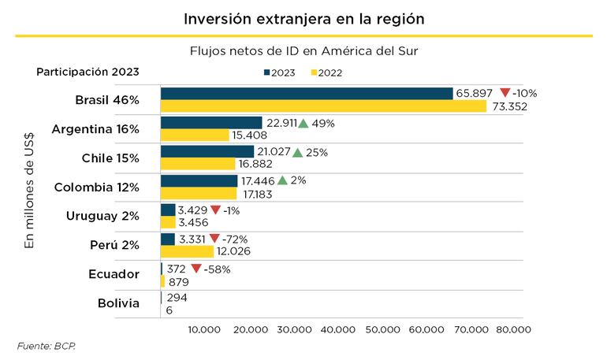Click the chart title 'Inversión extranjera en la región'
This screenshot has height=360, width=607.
(x=303, y=17)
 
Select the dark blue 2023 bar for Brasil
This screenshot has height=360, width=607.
(x=307, y=93)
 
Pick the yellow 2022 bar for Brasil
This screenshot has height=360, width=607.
(x=323, y=106)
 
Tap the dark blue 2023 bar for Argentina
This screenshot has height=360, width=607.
(x=211, y=123)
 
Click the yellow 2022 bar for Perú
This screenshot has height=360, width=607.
(x=187, y=251)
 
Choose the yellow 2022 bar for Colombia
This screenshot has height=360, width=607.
(x=199, y=193)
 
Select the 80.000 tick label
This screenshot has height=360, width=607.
(x=512, y=329)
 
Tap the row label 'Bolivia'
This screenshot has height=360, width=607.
(x=118, y=303)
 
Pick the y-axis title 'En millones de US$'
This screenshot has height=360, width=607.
(x=30, y=188)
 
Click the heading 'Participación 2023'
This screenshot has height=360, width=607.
(x=88, y=72)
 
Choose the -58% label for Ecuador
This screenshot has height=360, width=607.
(x=217, y=269)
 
